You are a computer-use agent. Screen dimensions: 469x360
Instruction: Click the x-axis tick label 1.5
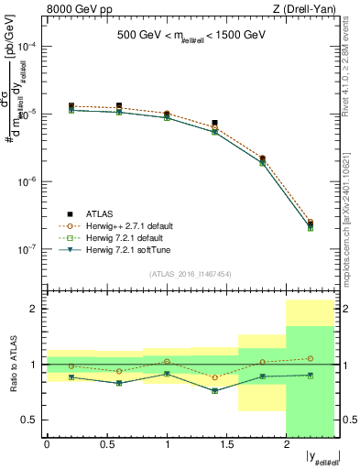pyautogui.click(x=227, y=445)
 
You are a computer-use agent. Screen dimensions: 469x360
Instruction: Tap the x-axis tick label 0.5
pyautogui.click(x=107, y=445)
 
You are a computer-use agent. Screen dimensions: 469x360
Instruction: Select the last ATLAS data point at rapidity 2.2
pyautogui.click(x=311, y=223)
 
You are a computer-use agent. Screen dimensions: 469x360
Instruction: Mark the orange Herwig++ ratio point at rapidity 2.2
pyautogui.click(x=311, y=358)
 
